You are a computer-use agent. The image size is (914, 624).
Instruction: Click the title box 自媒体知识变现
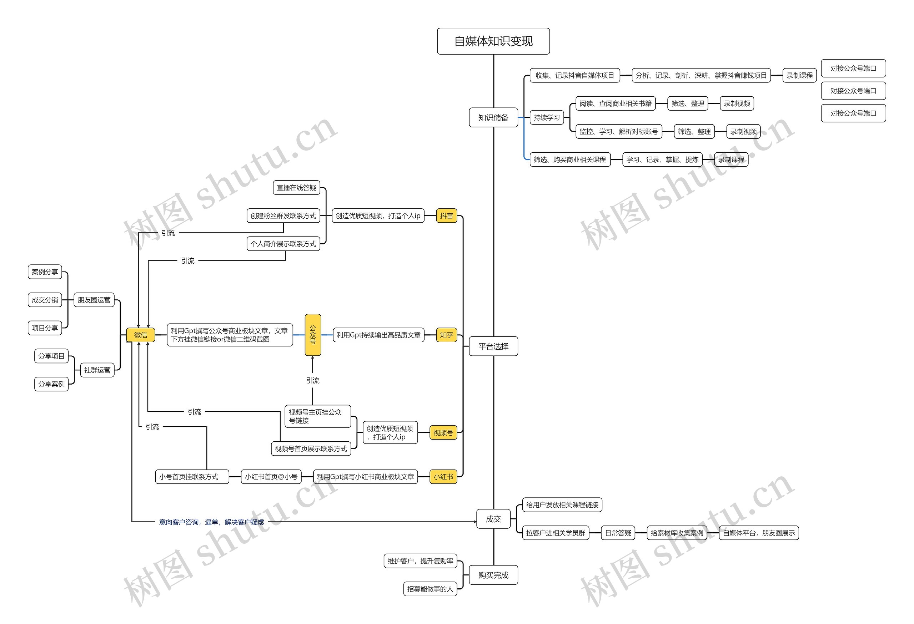(x=493, y=41)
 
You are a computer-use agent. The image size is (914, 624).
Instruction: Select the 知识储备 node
(x=493, y=117)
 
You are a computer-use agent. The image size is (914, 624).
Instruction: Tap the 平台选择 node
(x=493, y=346)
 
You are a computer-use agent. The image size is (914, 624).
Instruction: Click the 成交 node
(x=493, y=519)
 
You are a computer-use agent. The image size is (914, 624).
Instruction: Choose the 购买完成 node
(x=493, y=575)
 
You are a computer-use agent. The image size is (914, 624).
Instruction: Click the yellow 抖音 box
(x=446, y=216)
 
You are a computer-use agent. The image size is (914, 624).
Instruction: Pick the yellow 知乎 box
(x=446, y=335)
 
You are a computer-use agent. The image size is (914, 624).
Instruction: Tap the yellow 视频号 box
(x=443, y=433)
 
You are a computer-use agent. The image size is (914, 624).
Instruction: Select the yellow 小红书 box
(x=443, y=477)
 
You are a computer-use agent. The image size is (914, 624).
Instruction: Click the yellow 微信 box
(x=140, y=335)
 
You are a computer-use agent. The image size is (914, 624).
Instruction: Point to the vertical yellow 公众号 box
(x=313, y=335)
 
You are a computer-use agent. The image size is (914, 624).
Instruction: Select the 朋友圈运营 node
(x=94, y=300)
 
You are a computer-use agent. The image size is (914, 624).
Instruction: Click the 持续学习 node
(x=547, y=117)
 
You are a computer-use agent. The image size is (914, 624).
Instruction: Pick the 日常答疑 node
(x=618, y=533)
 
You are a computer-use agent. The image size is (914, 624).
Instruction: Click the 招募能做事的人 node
(x=430, y=589)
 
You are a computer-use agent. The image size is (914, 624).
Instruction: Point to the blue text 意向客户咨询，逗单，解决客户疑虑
(x=212, y=522)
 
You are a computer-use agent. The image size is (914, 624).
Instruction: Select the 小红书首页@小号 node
(x=271, y=477)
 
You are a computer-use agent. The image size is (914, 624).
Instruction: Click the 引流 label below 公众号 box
(x=313, y=380)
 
